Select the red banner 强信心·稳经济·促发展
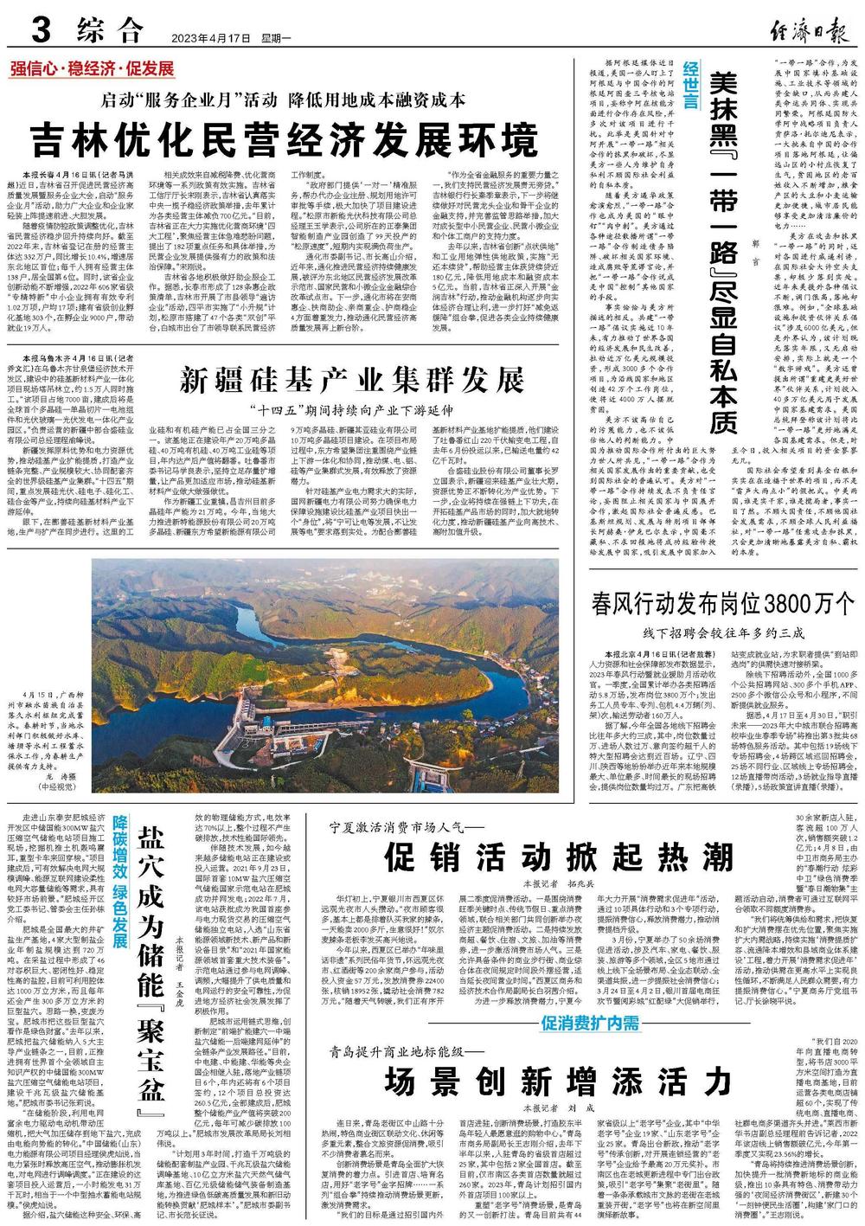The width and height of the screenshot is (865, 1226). [x=93, y=69]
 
